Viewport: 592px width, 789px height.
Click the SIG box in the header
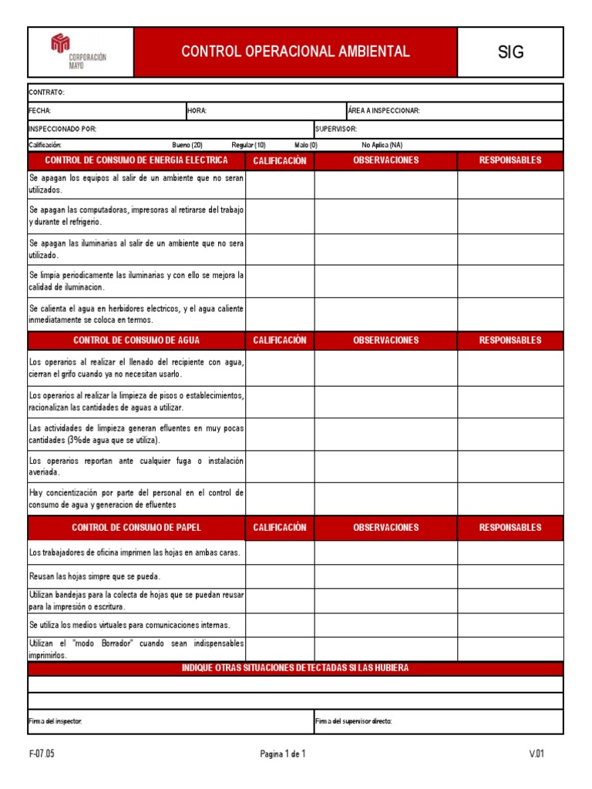(x=510, y=52)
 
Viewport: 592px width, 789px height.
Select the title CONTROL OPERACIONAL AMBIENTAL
(x=295, y=52)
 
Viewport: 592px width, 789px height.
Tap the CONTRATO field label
(x=47, y=92)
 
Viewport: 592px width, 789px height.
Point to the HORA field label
(x=197, y=111)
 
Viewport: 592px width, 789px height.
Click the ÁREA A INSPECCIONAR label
(x=384, y=111)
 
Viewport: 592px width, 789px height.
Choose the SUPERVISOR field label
(x=336, y=129)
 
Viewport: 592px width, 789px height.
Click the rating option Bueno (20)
(x=187, y=145)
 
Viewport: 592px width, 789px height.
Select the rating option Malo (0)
(x=305, y=145)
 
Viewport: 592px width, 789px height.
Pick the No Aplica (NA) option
(x=382, y=145)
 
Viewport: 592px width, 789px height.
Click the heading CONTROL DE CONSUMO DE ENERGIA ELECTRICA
(x=136, y=161)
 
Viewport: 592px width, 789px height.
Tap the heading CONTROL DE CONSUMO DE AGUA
(x=136, y=341)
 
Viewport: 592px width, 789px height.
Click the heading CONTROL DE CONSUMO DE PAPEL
(x=136, y=528)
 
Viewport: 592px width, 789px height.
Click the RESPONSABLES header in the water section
(x=510, y=341)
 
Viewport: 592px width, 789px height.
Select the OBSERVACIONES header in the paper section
(x=385, y=528)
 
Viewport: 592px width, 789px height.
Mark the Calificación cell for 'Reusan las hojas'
(x=280, y=576)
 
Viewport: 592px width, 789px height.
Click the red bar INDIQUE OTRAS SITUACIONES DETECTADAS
(x=295, y=669)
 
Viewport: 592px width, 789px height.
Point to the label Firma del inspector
(x=55, y=721)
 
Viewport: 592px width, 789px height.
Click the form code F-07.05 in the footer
(x=42, y=755)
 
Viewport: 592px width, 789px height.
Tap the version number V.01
(x=536, y=755)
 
